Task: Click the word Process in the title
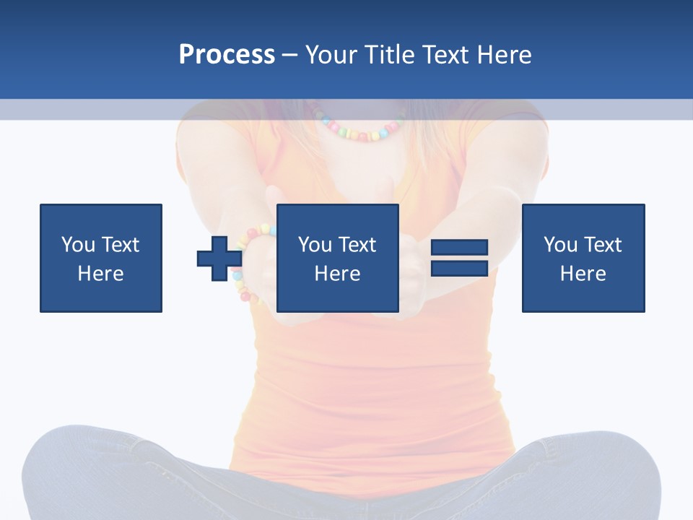pyautogui.click(x=227, y=55)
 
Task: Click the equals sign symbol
pyautogui.click(x=459, y=259)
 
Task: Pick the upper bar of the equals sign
pyautogui.click(x=459, y=248)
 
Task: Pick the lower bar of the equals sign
pyautogui.click(x=459, y=268)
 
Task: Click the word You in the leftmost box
pyautogui.click(x=78, y=245)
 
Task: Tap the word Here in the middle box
pyautogui.click(x=337, y=274)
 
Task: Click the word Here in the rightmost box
pyautogui.click(x=583, y=274)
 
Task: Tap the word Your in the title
pyautogui.click(x=331, y=55)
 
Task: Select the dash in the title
pyautogui.click(x=290, y=56)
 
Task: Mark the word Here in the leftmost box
pyautogui.click(x=101, y=274)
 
